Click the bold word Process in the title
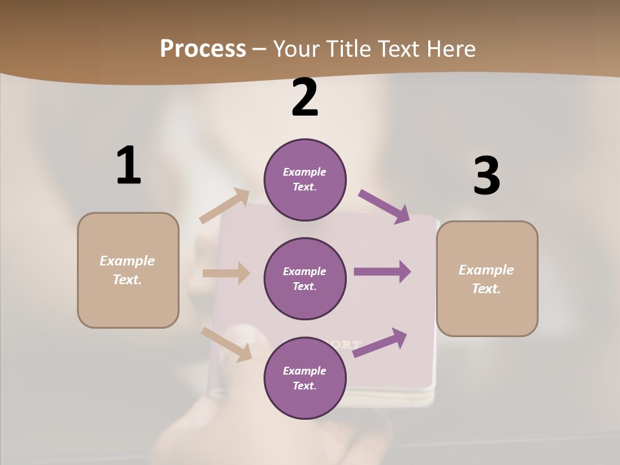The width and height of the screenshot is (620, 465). click(203, 49)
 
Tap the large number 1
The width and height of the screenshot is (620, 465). click(129, 165)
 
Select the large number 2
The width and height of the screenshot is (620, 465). click(305, 98)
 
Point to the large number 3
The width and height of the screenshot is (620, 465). click(486, 176)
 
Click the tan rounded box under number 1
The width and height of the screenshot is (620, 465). click(128, 270)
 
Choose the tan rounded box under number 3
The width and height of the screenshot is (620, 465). click(487, 279)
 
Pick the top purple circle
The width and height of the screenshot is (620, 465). click(305, 180)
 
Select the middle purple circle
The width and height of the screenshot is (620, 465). click(305, 279)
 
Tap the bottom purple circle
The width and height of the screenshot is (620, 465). click(305, 378)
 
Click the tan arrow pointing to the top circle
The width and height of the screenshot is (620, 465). click(224, 206)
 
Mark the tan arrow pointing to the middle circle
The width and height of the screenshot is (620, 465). click(226, 273)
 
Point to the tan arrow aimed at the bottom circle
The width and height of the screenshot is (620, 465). click(227, 344)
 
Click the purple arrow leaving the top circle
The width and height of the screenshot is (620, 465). click(384, 207)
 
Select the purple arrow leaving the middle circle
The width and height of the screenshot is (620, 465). click(382, 272)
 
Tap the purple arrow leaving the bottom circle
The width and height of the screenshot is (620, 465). click(380, 342)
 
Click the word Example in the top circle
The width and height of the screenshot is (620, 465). click(305, 172)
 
